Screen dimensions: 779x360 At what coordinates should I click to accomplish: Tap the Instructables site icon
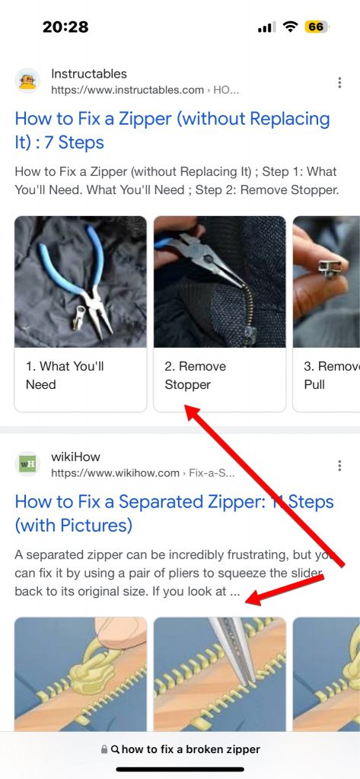pyautogui.click(x=27, y=81)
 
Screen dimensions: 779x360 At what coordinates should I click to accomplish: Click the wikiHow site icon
pyautogui.click(x=27, y=464)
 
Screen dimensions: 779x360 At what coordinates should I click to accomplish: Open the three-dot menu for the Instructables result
pyautogui.click(x=339, y=82)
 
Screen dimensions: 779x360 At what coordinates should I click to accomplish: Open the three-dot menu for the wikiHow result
pyautogui.click(x=339, y=465)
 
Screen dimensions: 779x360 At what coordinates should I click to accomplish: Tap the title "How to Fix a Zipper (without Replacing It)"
pyautogui.click(x=172, y=130)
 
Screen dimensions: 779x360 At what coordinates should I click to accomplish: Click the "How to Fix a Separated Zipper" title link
pyautogui.click(x=174, y=513)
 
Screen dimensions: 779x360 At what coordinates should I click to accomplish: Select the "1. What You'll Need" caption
pyautogui.click(x=65, y=375)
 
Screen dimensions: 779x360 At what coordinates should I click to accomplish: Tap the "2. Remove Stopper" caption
pyautogui.click(x=196, y=375)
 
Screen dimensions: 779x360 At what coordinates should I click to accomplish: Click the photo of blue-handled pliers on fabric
pyautogui.click(x=81, y=281)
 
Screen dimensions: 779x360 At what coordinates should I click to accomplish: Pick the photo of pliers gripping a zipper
pyautogui.click(x=220, y=281)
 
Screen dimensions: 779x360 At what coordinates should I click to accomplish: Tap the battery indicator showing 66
pyautogui.click(x=316, y=27)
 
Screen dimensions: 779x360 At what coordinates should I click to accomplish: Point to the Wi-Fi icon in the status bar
pyautogui.click(x=290, y=27)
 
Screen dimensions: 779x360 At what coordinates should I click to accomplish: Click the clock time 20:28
pyautogui.click(x=65, y=27)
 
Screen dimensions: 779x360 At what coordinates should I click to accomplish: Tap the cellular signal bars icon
pyautogui.click(x=266, y=27)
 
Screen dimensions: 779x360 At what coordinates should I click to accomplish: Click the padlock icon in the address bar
pyautogui.click(x=104, y=749)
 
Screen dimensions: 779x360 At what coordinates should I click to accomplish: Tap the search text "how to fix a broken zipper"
pyautogui.click(x=190, y=749)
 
